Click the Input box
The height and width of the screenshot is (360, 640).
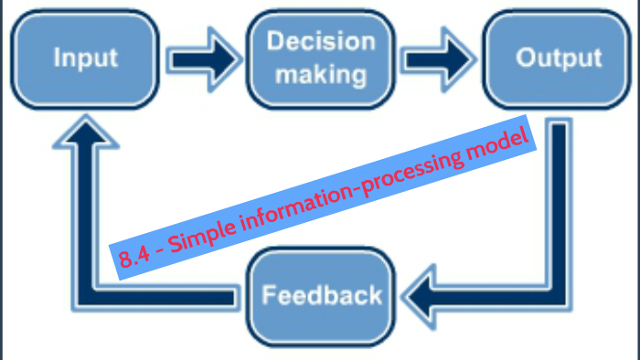[x=86, y=58]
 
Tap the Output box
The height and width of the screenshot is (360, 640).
[x=558, y=58]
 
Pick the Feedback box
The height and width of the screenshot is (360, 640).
[x=321, y=295]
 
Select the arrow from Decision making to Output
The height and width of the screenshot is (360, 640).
[x=441, y=58]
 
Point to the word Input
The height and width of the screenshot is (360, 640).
[x=86, y=58]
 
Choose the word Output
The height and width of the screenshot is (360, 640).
[x=559, y=58]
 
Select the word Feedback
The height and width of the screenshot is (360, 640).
[x=321, y=295]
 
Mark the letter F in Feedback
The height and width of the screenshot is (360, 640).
[x=269, y=295]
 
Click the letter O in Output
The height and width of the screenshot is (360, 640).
[x=525, y=58]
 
